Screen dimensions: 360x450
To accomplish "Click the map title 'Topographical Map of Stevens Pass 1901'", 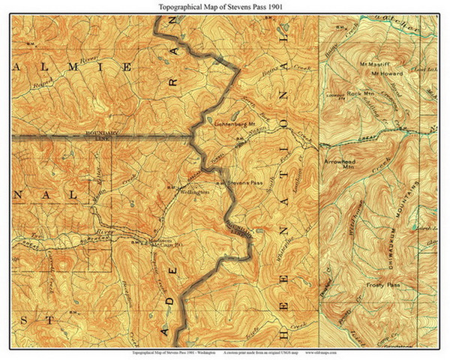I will coord(225,6).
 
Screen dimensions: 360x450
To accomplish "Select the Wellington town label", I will coord(193,192).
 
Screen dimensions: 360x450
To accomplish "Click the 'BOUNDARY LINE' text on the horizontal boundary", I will coord(95,136).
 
